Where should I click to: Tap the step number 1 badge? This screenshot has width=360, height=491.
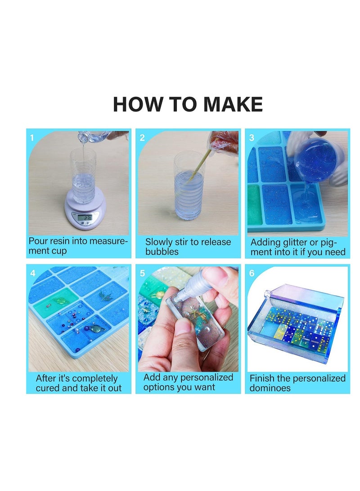click(32, 138)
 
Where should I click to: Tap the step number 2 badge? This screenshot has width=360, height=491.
click(142, 138)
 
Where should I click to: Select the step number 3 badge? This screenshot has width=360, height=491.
click(252, 138)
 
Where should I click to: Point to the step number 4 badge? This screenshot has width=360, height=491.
click(32, 273)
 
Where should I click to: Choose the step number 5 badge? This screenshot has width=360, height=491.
click(142, 273)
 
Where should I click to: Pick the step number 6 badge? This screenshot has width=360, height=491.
click(252, 273)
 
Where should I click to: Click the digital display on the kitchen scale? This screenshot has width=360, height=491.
click(84, 218)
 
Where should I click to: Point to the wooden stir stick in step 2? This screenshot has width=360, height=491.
click(198, 167)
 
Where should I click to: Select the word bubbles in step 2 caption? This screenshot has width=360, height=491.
click(162, 252)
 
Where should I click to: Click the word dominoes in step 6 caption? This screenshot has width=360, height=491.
click(270, 388)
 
